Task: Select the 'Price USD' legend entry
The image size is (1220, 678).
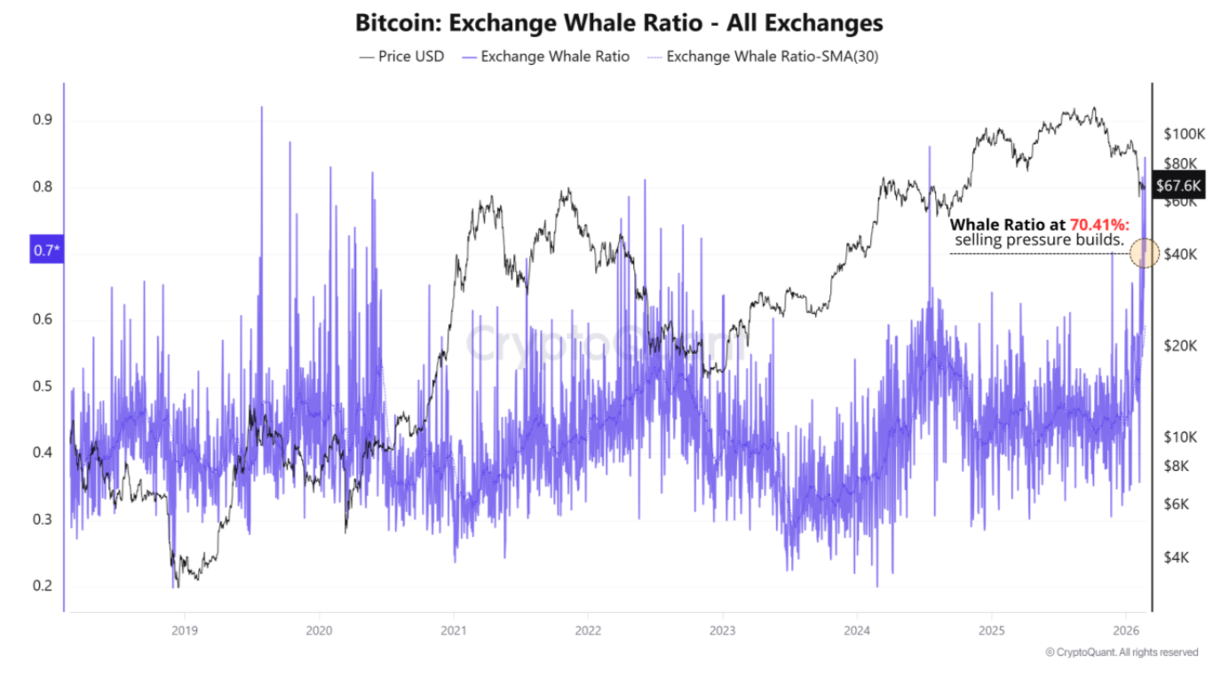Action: [400, 57]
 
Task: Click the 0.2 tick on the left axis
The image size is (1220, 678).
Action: [43, 586]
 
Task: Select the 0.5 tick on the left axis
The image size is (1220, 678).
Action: [43, 386]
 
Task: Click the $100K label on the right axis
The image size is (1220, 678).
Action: [1183, 133]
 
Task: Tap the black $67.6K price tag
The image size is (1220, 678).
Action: [1179, 185]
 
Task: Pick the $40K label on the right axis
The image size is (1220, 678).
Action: [1181, 255]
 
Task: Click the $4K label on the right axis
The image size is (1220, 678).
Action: [1177, 557]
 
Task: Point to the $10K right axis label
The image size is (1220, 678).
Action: [1181, 438]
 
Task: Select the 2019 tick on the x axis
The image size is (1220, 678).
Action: [184, 631]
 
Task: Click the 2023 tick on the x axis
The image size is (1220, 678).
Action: [722, 631]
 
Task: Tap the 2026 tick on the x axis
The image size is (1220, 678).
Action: [1125, 631]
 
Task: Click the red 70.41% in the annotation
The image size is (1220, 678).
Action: [1098, 225]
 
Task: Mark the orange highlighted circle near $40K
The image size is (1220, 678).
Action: [1145, 254]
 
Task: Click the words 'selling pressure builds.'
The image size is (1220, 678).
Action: [1039, 240]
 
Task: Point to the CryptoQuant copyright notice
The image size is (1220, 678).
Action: [1121, 652]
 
